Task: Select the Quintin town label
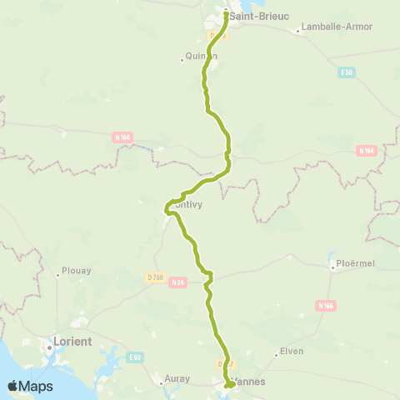pos(201,57)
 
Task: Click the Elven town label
pos(292,352)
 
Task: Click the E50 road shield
pos(347,73)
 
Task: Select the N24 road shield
pos(176,282)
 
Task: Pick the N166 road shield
pos(326,306)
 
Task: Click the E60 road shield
pos(134,357)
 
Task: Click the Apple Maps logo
pos(30,386)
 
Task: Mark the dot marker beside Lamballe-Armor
pos(297,32)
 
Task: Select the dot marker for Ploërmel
pos(332,267)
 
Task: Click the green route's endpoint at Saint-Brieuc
pos(227,12)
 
